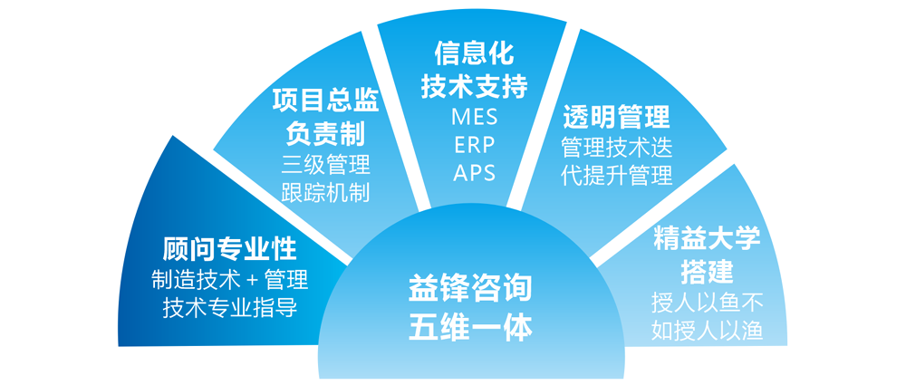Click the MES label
click(x=475, y=117)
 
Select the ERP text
click(x=475, y=145)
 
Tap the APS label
click(x=475, y=173)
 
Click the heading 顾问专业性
click(x=229, y=250)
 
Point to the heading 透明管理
click(x=616, y=118)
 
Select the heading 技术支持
click(x=475, y=87)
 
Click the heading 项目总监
click(x=326, y=101)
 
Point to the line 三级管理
click(x=326, y=165)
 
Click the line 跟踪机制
click(x=326, y=192)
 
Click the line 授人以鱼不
click(x=708, y=302)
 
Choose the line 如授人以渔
click(x=708, y=330)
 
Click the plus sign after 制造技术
click(x=251, y=281)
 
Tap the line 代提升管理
click(x=616, y=175)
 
